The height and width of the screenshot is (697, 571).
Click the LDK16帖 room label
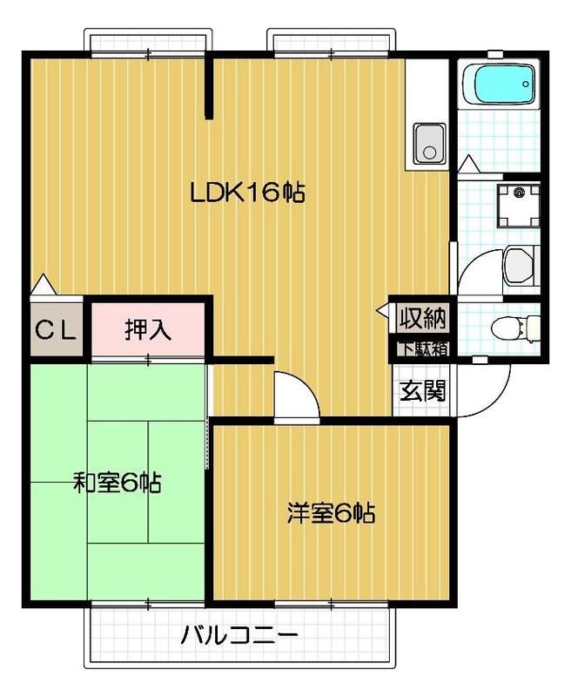pyautogui.click(x=247, y=193)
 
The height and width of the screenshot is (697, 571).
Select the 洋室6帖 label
pyautogui.click(x=331, y=513)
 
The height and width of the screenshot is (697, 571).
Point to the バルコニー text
pyautogui.click(x=239, y=634)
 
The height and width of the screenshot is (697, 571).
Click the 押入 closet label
pyautogui.click(x=148, y=329)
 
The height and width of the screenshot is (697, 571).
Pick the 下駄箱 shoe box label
pyautogui.click(x=423, y=348)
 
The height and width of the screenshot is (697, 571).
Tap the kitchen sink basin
pyautogui.click(x=427, y=143)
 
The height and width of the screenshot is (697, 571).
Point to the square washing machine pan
pyautogui.click(x=520, y=204)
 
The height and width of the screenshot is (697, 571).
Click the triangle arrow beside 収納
pyautogui.click(x=384, y=309)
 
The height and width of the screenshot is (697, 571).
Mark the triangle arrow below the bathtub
pyautogui.click(x=468, y=162)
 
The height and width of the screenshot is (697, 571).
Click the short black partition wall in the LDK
pyautogui.click(x=209, y=87)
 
